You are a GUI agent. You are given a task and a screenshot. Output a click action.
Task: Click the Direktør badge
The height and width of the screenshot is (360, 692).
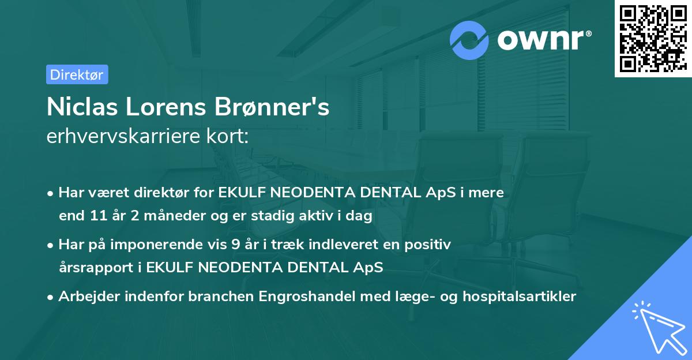(77, 74)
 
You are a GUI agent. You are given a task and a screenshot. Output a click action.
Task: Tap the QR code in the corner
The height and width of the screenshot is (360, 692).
(653, 39)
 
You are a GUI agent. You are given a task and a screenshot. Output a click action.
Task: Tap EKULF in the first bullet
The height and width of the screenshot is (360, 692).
(241, 193)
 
